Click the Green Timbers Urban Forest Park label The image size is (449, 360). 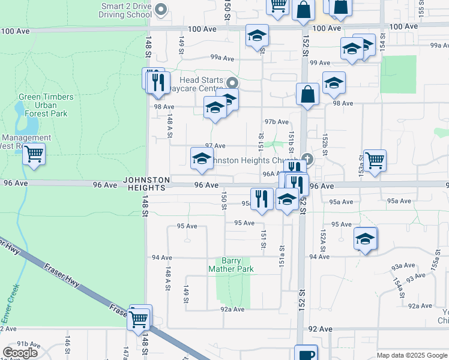46,105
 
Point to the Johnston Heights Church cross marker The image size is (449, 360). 307,158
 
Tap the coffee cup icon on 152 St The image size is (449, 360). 306,354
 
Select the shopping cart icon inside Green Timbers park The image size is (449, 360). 34,154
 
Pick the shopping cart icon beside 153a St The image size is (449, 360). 375,160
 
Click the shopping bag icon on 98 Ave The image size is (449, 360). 307,94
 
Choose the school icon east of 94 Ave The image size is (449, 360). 365,239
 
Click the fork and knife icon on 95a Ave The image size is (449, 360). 261,198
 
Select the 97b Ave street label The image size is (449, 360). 277,122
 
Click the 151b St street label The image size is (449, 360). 291,145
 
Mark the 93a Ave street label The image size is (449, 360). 403,265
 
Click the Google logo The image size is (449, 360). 20,353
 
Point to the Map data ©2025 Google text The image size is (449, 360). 411,355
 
